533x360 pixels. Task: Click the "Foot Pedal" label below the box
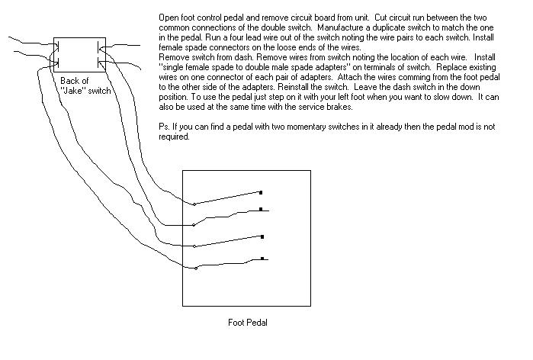coord(248,323)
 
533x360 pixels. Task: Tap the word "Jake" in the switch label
coord(73,91)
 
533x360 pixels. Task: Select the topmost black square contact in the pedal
coord(261,193)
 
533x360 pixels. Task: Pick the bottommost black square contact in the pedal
coord(262,259)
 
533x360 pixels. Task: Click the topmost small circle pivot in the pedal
coord(194,204)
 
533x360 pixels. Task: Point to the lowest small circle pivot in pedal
coord(196,268)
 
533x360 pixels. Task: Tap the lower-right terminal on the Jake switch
coord(101,63)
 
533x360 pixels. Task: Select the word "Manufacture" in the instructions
coord(340,27)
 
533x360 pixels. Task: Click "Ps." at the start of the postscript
coord(164,127)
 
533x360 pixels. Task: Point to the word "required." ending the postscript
coord(174,137)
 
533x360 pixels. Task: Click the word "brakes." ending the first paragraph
coord(339,107)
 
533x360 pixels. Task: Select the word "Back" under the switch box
coord(69,81)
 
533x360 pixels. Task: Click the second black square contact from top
coord(261,210)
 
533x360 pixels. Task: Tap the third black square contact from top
coord(262,236)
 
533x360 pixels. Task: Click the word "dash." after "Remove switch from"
coord(244,57)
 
